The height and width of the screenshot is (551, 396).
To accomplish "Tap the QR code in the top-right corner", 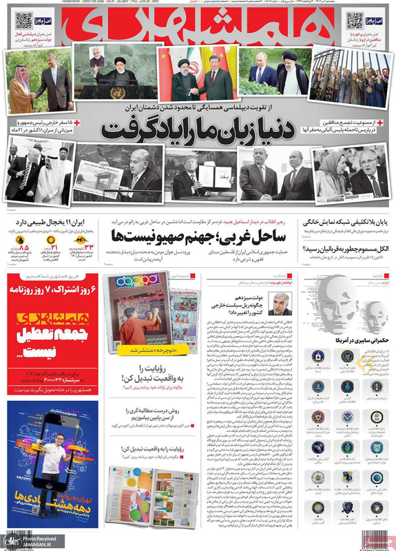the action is [355, 21].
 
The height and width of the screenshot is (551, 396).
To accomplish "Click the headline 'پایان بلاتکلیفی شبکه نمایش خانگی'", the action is [345, 222].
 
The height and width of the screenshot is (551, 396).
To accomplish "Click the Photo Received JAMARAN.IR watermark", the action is [28, 541].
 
